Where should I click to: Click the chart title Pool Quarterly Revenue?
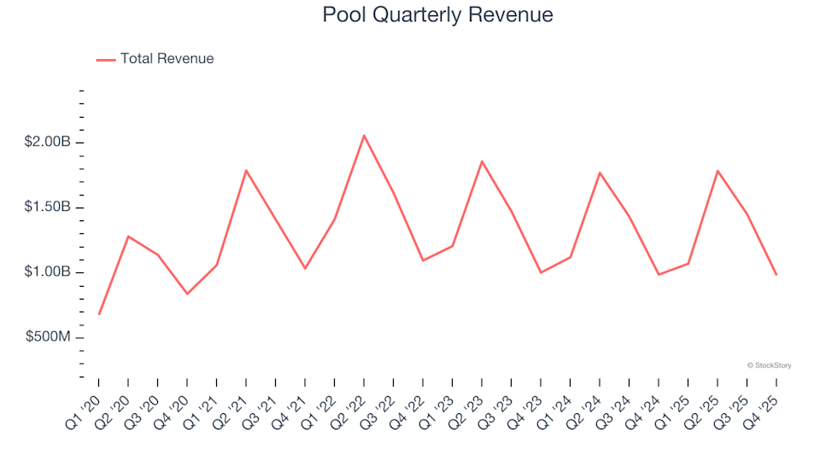pos(437,15)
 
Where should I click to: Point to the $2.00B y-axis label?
pos(48,142)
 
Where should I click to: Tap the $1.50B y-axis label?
pos(48,207)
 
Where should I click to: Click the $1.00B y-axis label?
pos(48,272)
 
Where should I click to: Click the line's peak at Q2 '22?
pos(364,135)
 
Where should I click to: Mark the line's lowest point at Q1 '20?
pos(99,314)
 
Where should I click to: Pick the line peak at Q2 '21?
pos(246,171)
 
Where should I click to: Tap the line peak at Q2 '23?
pos(482,161)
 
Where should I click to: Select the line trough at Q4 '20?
pos(187,294)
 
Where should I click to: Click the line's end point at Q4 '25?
pos(776,274)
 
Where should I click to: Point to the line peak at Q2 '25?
pos(717,171)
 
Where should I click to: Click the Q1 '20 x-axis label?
pos(85,405)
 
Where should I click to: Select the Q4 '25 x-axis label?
pos(762,405)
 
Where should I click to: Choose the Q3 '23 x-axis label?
pos(497,405)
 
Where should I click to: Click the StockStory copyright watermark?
pos(769,365)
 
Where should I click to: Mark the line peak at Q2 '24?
pos(600,172)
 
